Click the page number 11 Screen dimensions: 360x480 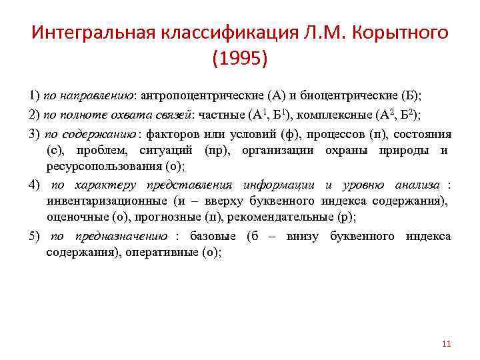446,343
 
